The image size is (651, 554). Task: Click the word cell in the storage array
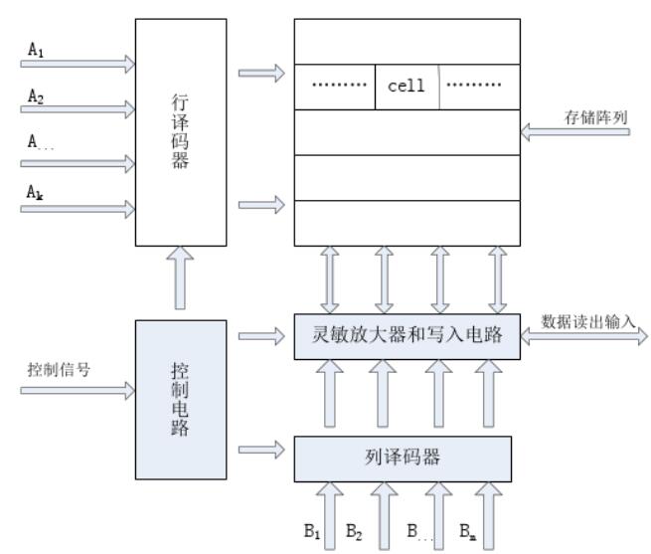406,86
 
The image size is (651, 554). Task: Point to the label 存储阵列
597,118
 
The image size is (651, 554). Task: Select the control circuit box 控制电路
179,398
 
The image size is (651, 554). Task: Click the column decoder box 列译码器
402,459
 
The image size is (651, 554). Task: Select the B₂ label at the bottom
355,532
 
